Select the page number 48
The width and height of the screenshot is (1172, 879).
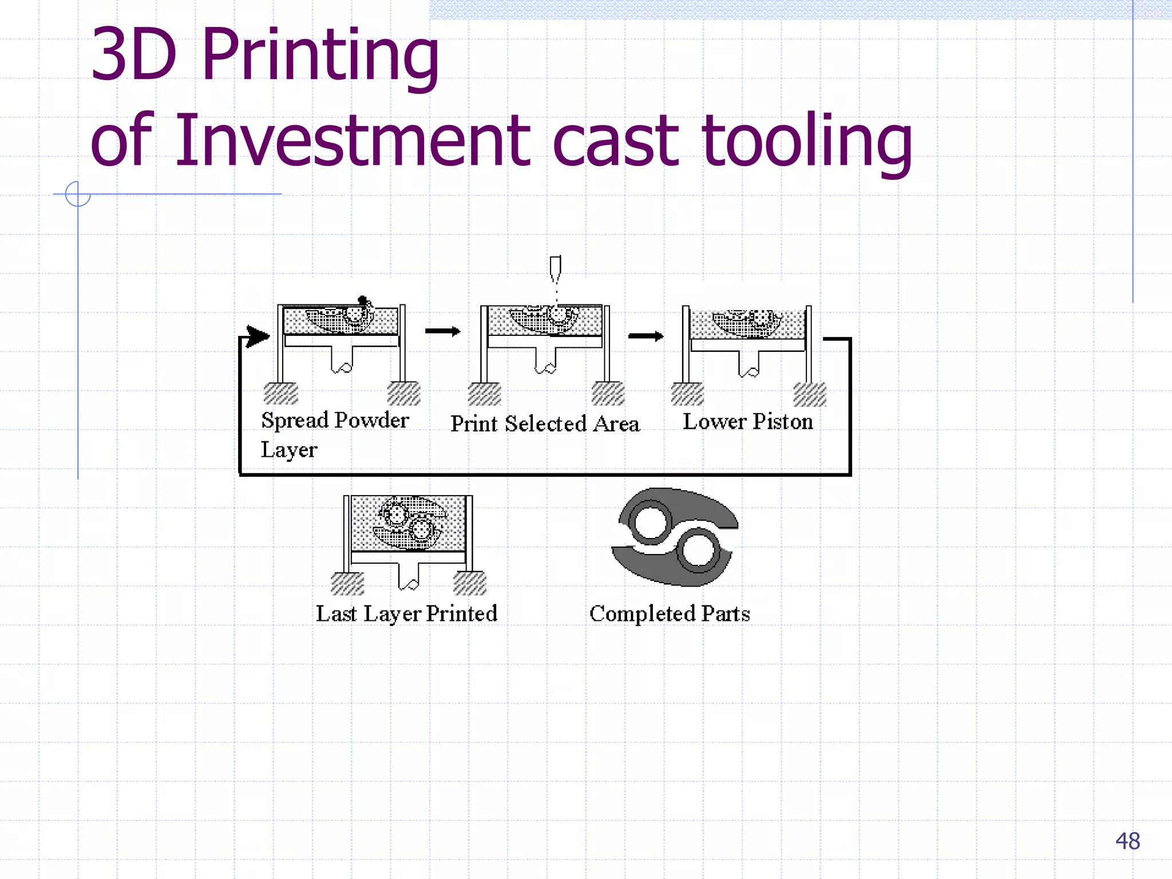point(1127,841)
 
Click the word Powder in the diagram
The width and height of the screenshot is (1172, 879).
point(371,421)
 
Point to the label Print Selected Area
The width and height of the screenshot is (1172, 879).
point(545,424)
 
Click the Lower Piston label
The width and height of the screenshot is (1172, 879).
point(747,422)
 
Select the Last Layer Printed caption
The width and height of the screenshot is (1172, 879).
point(406,614)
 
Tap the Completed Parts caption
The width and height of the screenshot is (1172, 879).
point(670,614)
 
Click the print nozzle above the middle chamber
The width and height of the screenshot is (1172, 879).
point(555,268)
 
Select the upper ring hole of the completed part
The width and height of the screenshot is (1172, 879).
point(650,522)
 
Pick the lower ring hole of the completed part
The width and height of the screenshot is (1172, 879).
point(699,551)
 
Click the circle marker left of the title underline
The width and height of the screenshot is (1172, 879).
point(78,194)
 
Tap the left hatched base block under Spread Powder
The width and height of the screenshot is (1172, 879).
point(280,394)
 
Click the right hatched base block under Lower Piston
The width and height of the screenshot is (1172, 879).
point(810,395)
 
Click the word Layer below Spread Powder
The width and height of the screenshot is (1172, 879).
point(288,450)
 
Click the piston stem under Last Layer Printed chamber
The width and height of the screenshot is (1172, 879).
point(409,576)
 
